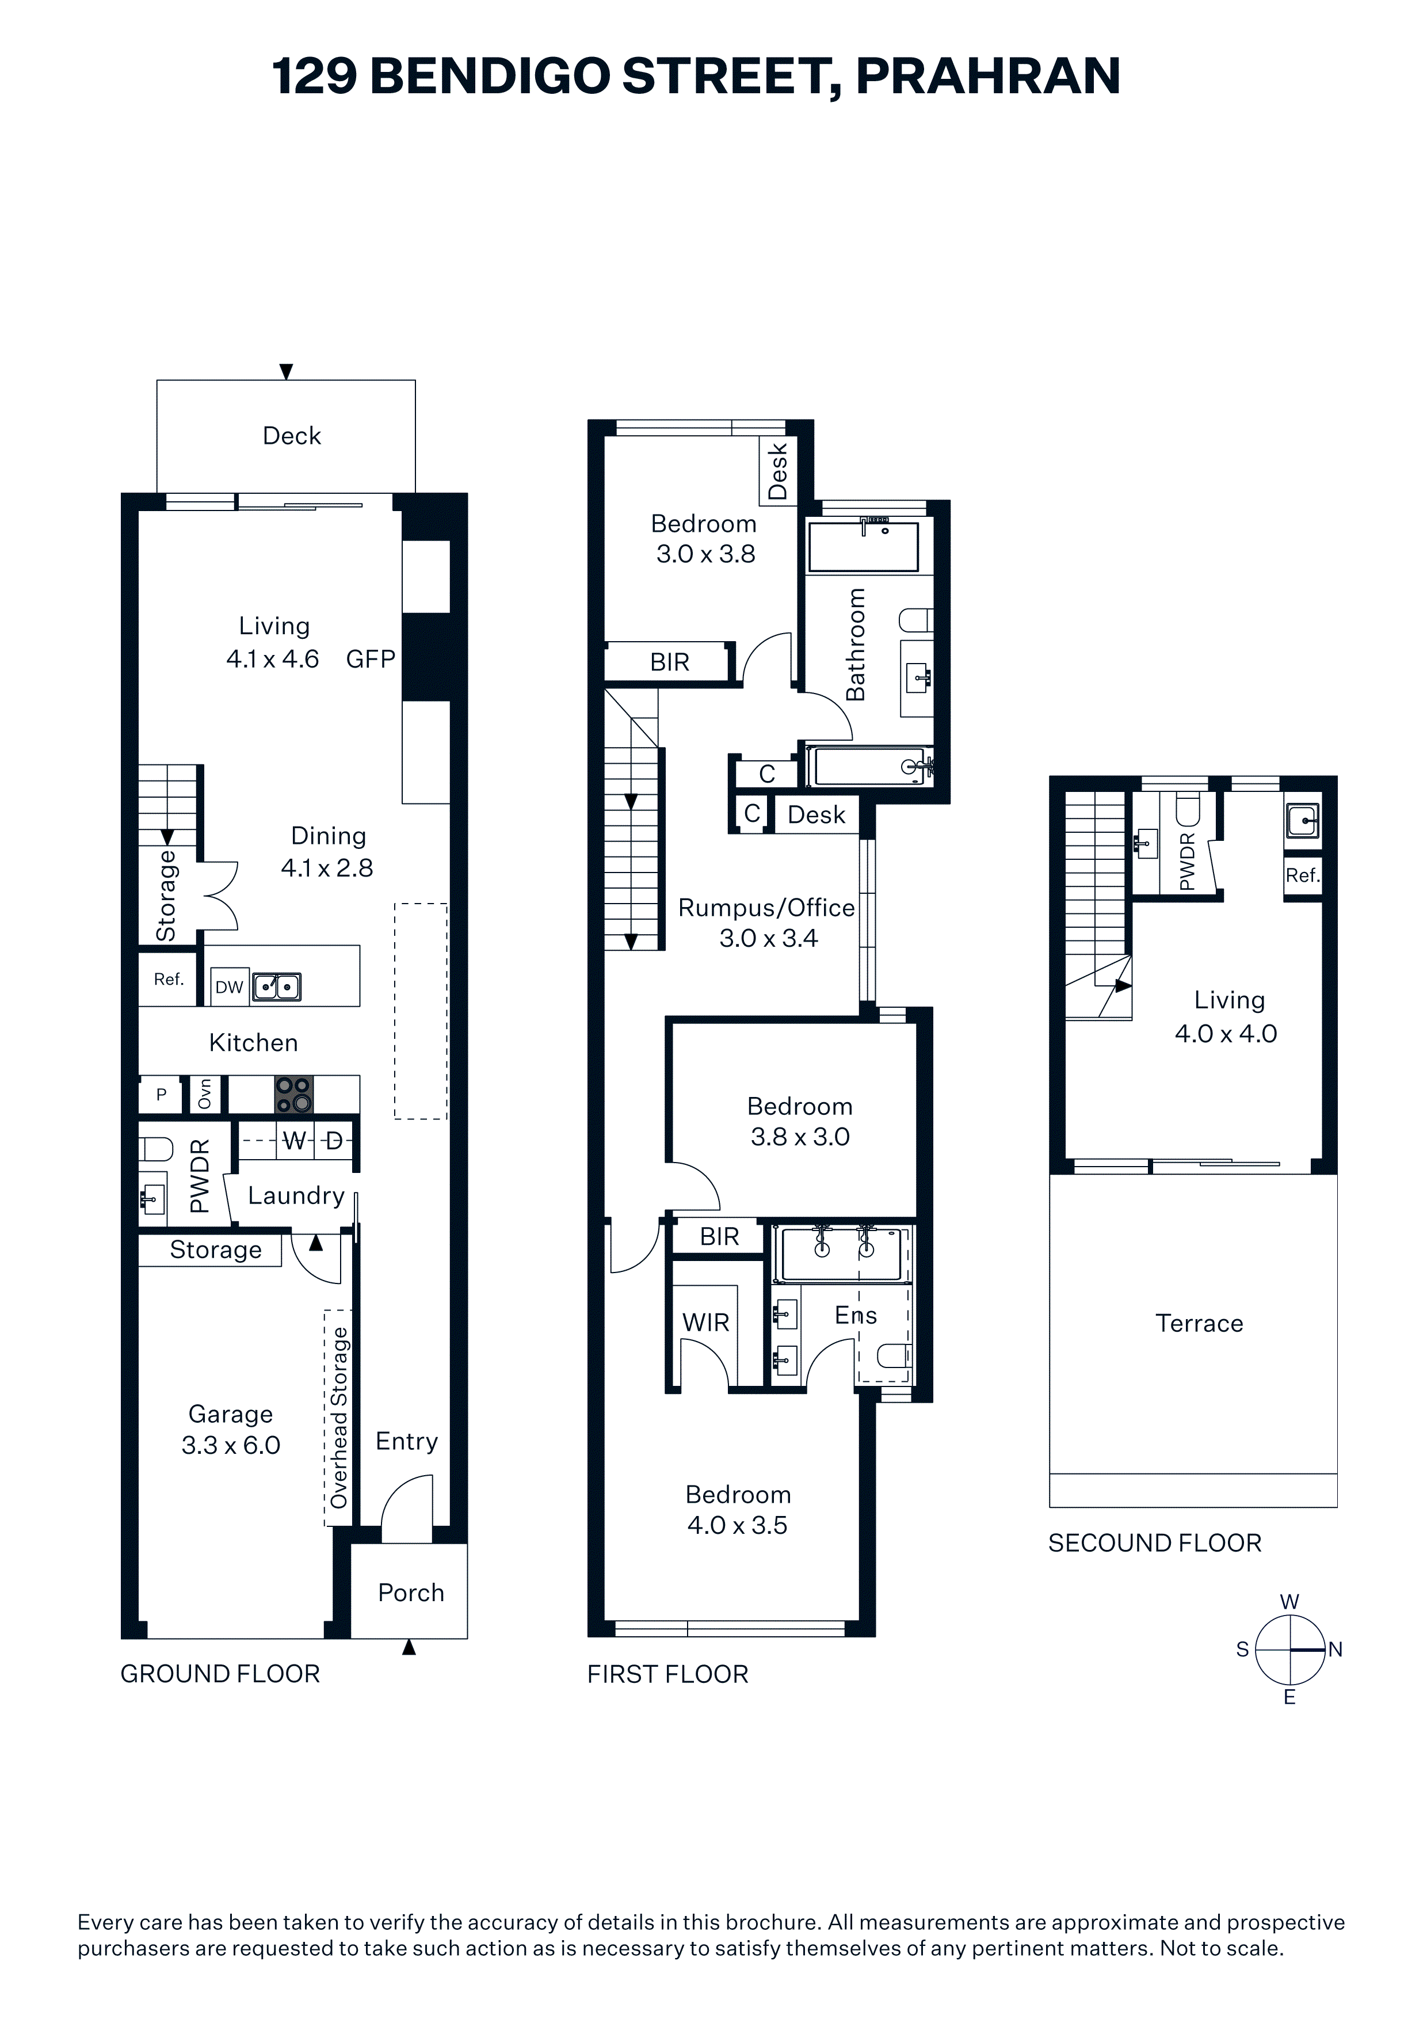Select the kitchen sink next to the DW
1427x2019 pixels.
pos(277,986)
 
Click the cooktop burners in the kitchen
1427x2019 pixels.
pos(293,1094)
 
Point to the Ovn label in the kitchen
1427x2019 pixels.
pos(205,1094)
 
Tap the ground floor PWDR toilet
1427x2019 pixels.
pos(157,1148)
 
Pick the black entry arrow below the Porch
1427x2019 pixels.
pos(409,1647)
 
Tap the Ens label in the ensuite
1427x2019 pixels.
pos(856,1316)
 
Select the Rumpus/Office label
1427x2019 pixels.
pos(766,908)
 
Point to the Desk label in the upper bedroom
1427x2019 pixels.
pos(778,471)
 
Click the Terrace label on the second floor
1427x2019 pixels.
pos(1199,1323)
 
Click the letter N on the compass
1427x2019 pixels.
pos(1336,1650)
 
